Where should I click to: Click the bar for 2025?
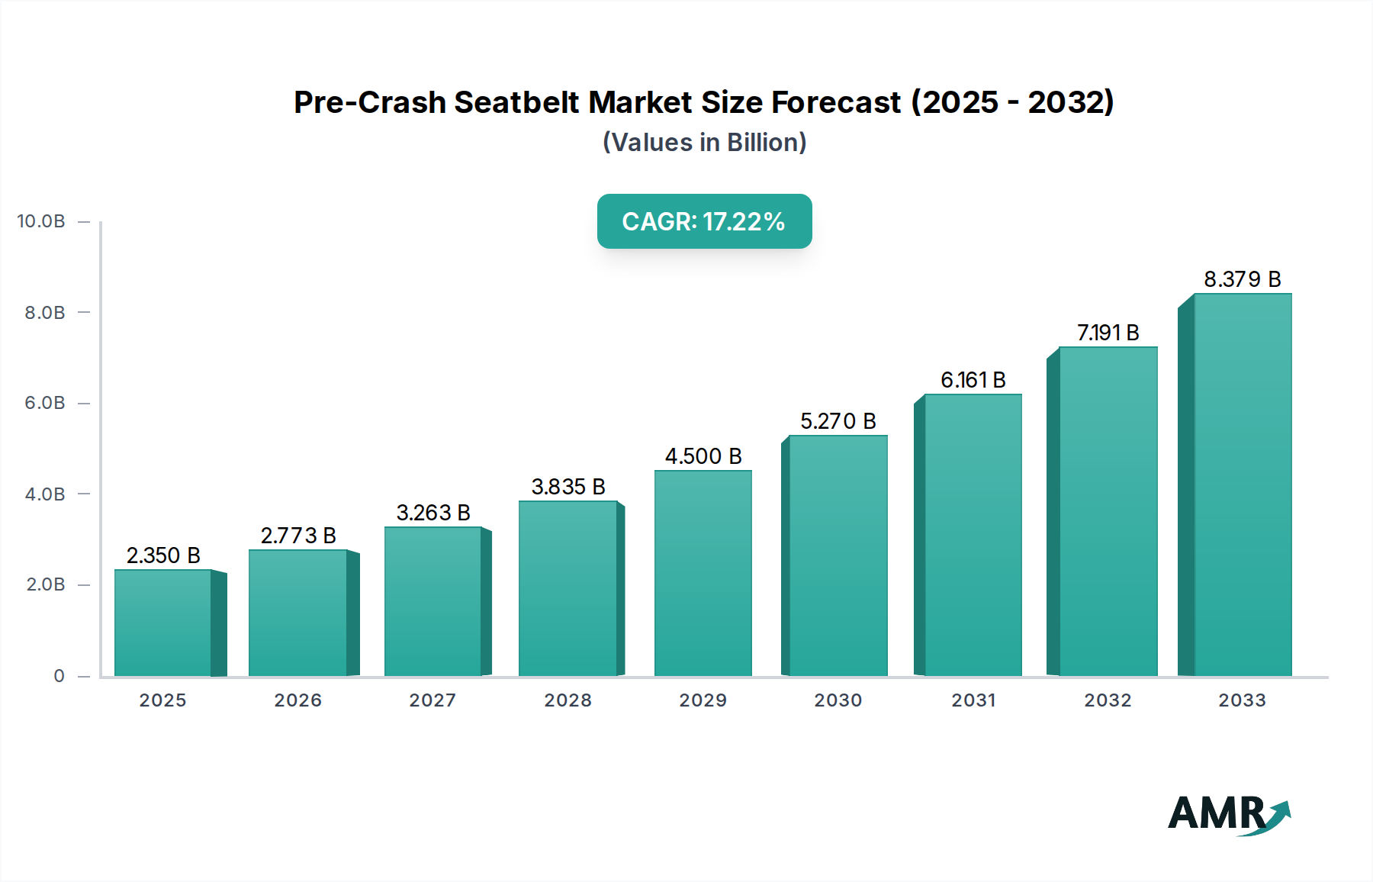pos(162,623)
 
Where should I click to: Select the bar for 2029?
pos(703,573)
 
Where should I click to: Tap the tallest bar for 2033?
pos(1243,484)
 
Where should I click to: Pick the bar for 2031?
pos(973,535)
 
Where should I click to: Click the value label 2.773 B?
pos(298,536)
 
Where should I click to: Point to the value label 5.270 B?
pos(838,421)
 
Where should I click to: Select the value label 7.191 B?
pos(1108,333)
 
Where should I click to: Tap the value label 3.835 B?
pos(568,487)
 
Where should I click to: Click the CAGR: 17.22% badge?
pos(704,221)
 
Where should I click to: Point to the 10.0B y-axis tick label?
pos(41,221)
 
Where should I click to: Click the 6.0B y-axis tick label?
pos(45,403)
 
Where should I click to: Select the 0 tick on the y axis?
pos(59,676)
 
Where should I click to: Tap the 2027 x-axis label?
pos(432,700)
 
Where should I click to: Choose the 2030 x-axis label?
pos(838,700)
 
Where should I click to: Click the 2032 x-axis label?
pos(1108,700)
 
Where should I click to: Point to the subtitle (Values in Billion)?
pos(704,143)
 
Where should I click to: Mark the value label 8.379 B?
pos(1242,279)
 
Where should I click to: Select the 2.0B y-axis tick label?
pos(45,584)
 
